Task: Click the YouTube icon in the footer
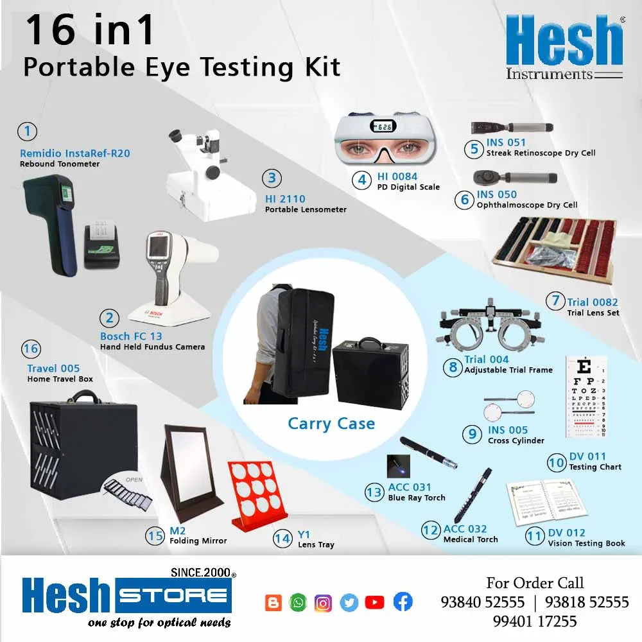pos(374,602)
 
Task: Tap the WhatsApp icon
pos(299,602)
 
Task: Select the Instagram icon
pos(324,602)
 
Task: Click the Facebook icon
pos(403,602)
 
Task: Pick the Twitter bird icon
pos(349,602)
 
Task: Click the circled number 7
pos(555,300)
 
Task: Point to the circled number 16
pos(31,349)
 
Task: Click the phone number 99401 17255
pos(535,621)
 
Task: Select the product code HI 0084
pos(397,176)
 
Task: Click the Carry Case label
pos(331,424)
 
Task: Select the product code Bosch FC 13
pos(131,336)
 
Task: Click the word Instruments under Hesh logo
pos(549,74)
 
